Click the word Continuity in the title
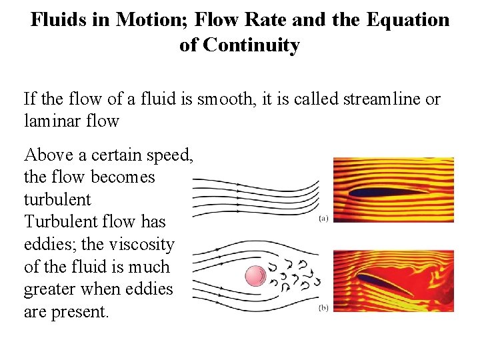[251, 45]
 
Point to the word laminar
[50, 121]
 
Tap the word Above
[47, 155]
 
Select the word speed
[173, 155]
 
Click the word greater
[55, 289]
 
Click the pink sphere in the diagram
[255, 276]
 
